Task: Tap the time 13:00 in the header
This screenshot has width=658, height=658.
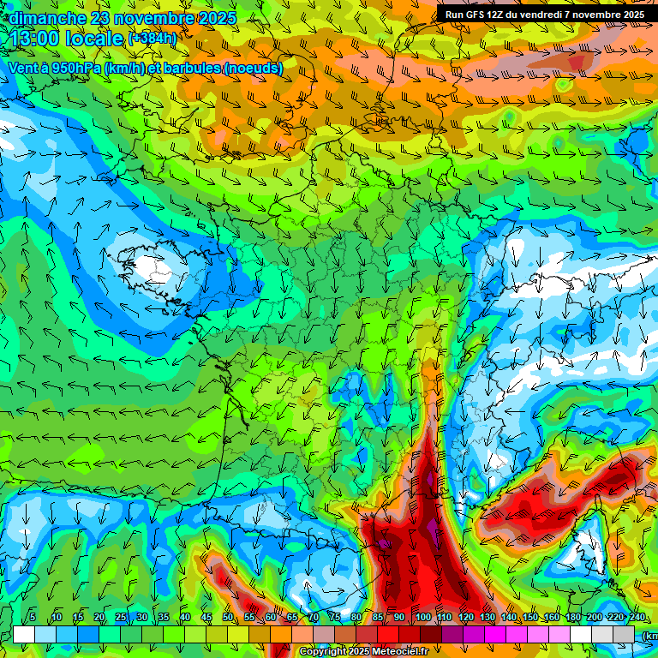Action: [x=37, y=39]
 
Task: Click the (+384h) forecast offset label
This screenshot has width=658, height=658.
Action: [x=153, y=39]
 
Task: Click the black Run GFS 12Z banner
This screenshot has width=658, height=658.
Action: [x=544, y=15]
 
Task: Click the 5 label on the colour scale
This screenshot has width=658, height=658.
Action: [x=33, y=618]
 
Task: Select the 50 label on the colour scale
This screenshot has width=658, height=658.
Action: [x=227, y=618]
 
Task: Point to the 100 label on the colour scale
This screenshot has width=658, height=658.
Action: [x=422, y=618]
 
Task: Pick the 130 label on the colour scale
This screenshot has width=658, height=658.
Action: [x=487, y=618]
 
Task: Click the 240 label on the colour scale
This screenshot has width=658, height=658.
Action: [x=637, y=618]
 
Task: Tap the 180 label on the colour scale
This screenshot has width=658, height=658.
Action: [x=572, y=618]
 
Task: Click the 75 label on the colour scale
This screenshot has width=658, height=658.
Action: [x=335, y=618]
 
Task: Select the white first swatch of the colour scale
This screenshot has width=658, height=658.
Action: [x=24, y=634]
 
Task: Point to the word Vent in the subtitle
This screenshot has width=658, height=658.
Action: [x=23, y=68]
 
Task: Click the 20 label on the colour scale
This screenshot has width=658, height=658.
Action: [x=99, y=618]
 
